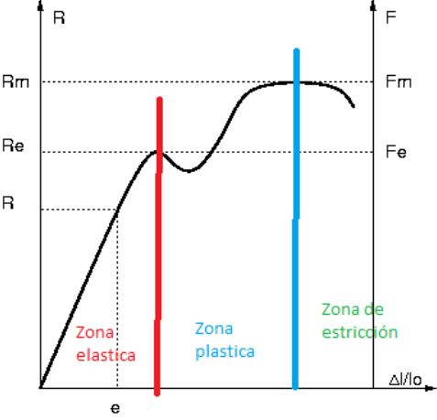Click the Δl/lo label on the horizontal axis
(x=405, y=378)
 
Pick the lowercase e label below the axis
(x=115, y=407)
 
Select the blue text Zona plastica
(x=224, y=339)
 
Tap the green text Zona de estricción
(x=359, y=320)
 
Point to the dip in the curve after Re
(x=188, y=171)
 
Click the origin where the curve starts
(x=40, y=387)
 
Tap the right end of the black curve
(x=354, y=107)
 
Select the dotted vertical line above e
(x=116, y=302)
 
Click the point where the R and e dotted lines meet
(x=116, y=210)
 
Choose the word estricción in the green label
(x=359, y=332)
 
